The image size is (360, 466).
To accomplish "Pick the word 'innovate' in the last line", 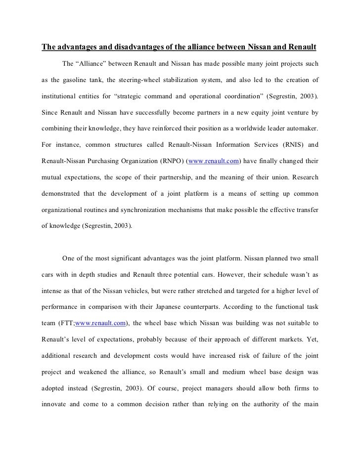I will (54, 389).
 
